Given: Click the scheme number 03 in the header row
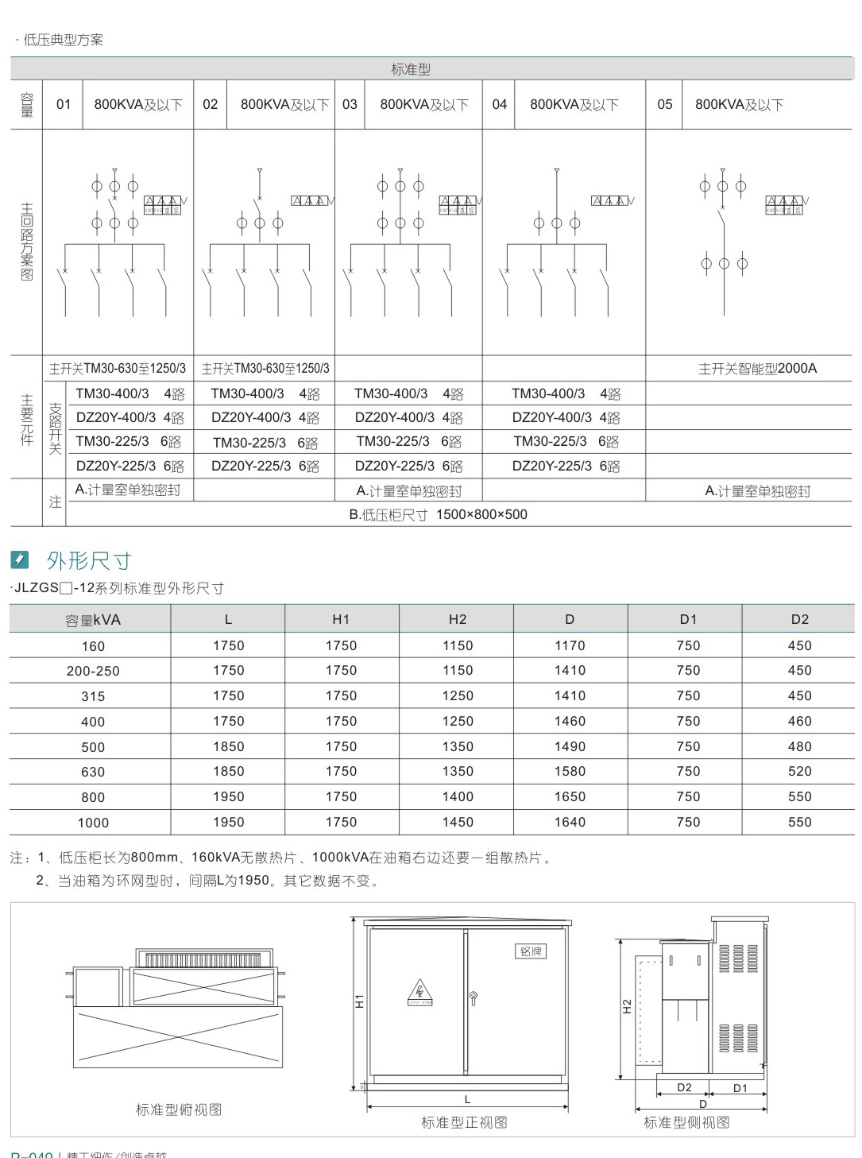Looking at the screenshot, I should click(350, 104).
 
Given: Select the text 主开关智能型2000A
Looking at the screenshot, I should click(757, 369).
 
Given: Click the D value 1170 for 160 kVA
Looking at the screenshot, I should click(570, 646).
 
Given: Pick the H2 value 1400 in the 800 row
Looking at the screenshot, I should click(458, 797).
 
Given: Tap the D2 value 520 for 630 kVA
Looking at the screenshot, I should click(799, 772).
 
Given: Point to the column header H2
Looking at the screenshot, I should click(458, 620).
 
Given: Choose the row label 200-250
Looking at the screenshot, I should click(93, 672).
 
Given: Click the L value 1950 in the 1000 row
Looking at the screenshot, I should click(228, 823).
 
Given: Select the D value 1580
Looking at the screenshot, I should click(570, 772).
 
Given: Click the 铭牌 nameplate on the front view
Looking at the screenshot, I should click(531, 951).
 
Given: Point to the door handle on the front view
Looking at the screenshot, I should click(474, 998).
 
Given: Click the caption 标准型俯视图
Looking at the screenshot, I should click(179, 1110).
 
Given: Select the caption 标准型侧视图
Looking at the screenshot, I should click(686, 1123).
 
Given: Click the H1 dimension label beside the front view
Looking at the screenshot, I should click(359, 1001).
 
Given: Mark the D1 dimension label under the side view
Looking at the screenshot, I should click(740, 1088).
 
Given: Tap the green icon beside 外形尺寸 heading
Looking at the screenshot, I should click(20, 560).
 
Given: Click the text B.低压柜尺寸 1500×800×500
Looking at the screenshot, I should click(438, 515).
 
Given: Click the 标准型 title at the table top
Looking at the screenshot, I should click(411, 70).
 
